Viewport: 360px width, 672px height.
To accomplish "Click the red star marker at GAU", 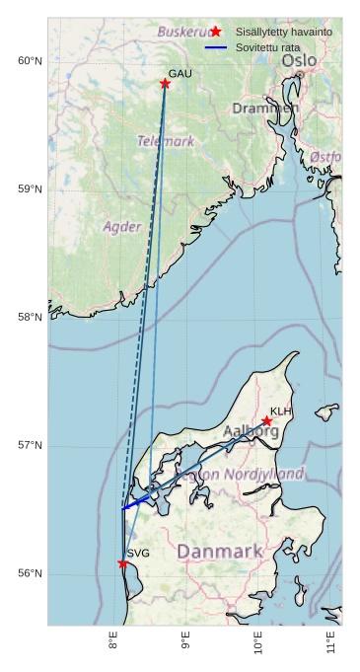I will (x=165, y=84).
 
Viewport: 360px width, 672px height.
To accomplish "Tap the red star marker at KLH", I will (x=266, y=421).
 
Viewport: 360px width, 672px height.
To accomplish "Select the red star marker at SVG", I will (x=122, y=563).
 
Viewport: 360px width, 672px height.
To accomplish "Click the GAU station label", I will (x=180, y=74).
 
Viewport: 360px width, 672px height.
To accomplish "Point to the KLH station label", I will (x=281, y=411).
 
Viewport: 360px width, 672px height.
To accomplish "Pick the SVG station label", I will (x=138, y=554).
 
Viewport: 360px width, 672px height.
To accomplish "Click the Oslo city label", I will (x=300, y=61).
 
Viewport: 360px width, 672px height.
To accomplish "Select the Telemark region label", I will (x=166, y=141).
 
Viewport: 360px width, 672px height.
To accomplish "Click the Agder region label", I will (x=122, y=227).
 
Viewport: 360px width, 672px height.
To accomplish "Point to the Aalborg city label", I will (x=252, y=431).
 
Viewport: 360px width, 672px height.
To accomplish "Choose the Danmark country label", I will (x=220, y=551).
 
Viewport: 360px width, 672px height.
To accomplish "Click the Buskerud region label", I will (x=187, y=33).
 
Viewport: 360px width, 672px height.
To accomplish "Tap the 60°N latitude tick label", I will (x=31, y=61).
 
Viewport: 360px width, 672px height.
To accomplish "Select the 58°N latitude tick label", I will (x=31, y=317).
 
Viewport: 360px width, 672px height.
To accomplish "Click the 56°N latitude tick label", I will (x=31, y=573).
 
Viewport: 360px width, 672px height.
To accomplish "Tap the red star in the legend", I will (x=216, y=32).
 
